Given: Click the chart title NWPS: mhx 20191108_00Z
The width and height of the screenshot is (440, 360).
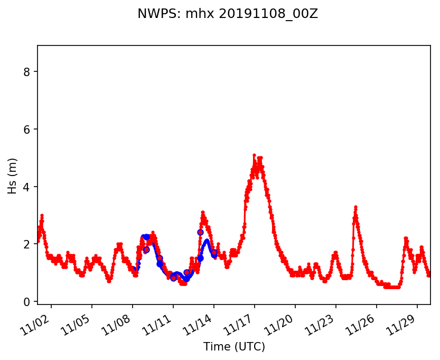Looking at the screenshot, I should pyautogui.click(x=228, y=14).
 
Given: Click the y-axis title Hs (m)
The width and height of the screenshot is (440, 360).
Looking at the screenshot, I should pyautogui.click(x=12, y=176).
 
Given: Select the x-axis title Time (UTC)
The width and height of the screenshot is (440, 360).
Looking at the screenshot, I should pyautogui.click(x=234, y=347).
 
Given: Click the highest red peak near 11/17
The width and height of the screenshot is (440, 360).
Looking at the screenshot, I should pyautogui.click(x=254, y=155).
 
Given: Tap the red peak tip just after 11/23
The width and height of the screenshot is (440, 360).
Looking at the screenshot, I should pyautogui.click(x=355, y=207).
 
